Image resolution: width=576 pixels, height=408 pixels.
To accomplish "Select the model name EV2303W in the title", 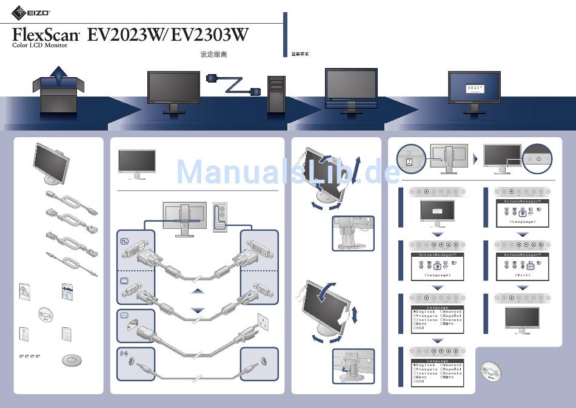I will [210, 35].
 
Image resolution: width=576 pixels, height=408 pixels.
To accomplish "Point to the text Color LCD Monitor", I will [40, 46].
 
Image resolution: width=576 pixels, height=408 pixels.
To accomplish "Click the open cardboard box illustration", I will [58, 91].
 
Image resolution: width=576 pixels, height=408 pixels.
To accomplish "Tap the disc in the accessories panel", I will [46, 314].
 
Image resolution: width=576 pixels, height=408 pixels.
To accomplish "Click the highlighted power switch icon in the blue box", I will [409, 161].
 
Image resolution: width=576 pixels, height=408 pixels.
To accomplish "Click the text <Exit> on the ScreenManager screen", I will [523, 275].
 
